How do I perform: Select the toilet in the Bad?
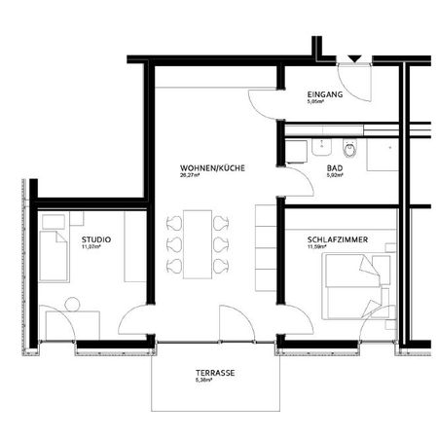click(x=352, y=149)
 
